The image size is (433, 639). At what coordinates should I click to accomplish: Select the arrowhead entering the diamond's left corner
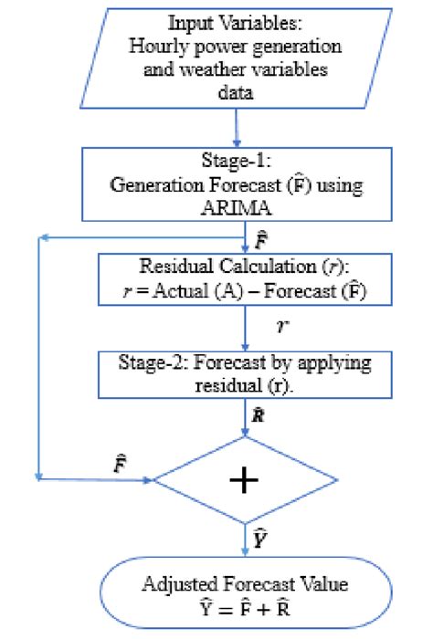[x=146, y=478]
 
